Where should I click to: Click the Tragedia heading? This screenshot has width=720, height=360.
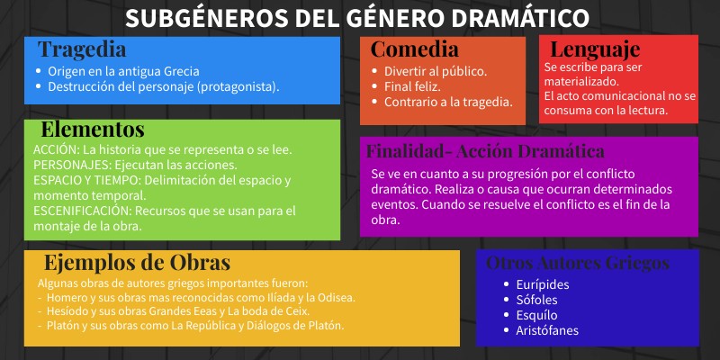82,49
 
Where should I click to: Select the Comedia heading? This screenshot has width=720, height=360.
415,49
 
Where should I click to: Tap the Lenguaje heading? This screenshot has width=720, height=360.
595,49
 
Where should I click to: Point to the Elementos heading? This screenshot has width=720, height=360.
92,130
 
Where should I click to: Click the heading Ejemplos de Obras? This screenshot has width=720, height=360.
138,263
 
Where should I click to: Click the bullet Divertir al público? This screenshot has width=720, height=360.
435,71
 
